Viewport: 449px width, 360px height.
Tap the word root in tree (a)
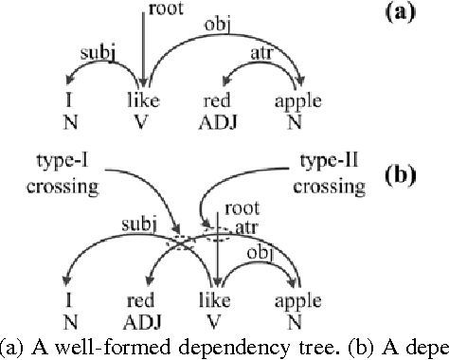(x=163, y=11)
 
